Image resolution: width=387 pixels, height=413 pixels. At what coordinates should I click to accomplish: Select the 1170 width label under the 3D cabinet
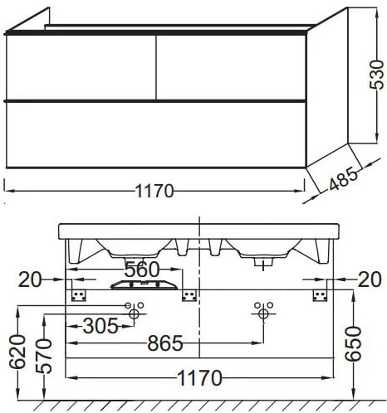click(x=154, y=192)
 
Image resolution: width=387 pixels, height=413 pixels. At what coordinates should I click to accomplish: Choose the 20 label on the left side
click(x=31, y=280)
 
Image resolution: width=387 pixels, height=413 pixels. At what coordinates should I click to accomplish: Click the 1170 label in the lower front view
click(x=198, y=379)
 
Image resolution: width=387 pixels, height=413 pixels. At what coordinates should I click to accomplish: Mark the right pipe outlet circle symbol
click(x=264, y=313)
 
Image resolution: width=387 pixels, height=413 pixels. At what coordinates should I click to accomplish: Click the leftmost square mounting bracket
click(x=81, y=295)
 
